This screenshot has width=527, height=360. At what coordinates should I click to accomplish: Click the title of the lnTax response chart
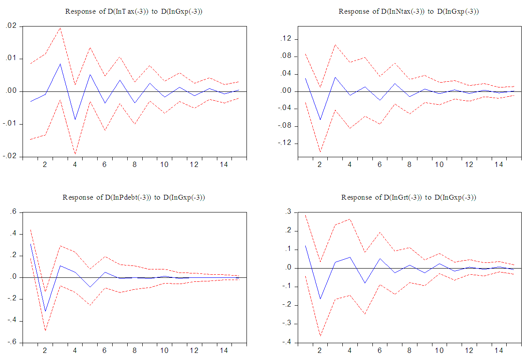(x=134, y=11)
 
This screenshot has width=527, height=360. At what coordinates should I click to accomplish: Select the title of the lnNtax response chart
(x=409, y=11)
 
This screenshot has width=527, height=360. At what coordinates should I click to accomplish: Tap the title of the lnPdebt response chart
(x=134, y=197)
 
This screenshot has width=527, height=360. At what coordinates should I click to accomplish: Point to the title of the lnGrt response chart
(x=409, y=197)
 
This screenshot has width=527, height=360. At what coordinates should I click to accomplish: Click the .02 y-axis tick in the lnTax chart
(x=11, y=27)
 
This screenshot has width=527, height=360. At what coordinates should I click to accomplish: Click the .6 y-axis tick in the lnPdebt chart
(x=12, y=212)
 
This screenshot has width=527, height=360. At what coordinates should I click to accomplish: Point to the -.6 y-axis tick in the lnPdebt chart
(x=11, y=342)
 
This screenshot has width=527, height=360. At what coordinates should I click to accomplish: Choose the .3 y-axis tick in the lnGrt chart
(x=288, y=212)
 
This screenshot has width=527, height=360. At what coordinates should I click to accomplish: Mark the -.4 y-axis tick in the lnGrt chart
(x=287, y=342)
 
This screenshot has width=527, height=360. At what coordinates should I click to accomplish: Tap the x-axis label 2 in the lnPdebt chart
(x=45, y=351)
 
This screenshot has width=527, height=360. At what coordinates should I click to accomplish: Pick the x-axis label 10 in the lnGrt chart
(x=440, y=351)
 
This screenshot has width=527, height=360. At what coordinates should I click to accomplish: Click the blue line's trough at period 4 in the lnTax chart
(x=75, y=120)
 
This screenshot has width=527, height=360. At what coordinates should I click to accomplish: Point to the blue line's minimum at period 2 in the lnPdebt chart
(x=45, y=311)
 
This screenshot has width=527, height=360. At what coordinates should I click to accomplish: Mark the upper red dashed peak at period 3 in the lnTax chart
(x=60, y=28)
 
